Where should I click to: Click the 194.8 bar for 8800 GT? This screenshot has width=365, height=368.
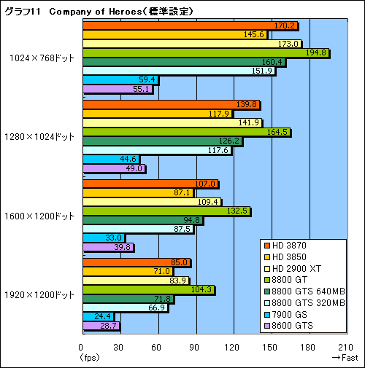pos(207,53)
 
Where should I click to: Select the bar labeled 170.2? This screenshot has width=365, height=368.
pos(191,26)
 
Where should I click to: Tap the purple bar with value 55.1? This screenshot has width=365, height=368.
pos(119,89)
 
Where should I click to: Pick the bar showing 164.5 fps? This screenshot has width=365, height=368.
pos(187,132)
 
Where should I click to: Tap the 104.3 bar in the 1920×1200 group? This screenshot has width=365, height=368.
pos(150,289)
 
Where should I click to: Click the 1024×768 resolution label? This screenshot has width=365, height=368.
pos(42,58)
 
